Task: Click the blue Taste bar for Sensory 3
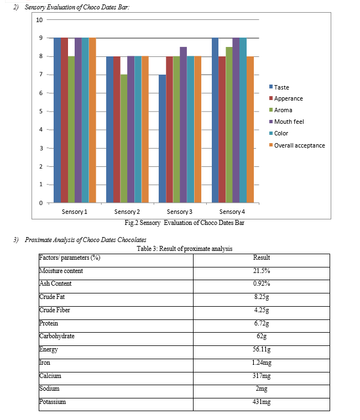(162, 139)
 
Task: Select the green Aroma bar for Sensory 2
(124, 139)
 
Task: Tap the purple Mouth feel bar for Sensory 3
(184, 125)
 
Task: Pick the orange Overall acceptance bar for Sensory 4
(250, 130)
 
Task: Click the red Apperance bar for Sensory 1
(64, 120)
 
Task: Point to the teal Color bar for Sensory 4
(243, 120)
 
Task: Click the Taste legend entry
(279, 87)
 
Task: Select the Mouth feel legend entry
(286, 122)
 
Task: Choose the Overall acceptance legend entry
(297, 145)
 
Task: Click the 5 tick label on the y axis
(41, 111)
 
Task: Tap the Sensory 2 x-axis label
(127, 212)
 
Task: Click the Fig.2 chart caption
(184, 223)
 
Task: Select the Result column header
(262, 258)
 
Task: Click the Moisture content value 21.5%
(262, 271)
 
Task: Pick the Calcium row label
(50, 376)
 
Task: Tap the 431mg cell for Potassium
(262, 402)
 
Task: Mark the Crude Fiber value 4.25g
(262, 310)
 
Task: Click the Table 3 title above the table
(184, 249)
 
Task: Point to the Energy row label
(49, 350)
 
